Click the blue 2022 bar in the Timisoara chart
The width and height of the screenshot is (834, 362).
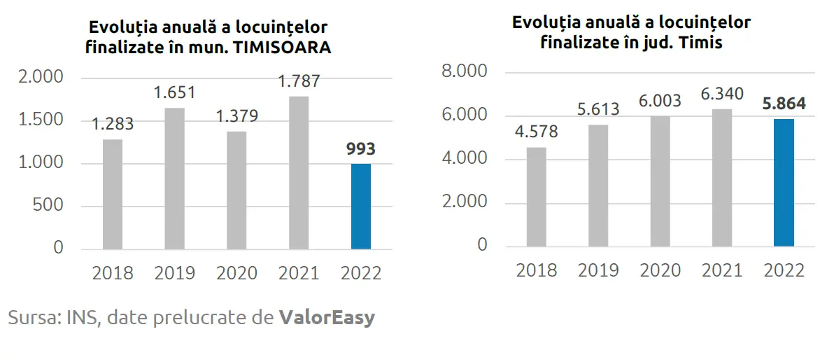pyautogui.click(x=360, y=207)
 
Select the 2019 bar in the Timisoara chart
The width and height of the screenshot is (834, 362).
pyautogui.click(x=175, y=179)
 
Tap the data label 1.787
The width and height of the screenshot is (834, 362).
pyautogui.click(x=299, y=81)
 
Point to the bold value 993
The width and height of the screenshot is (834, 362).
pyautogui.click(x=360, y=149)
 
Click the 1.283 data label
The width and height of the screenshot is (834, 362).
pyautogui.click(x=113, y=124)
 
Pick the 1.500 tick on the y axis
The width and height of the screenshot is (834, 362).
pyautogui.click(x=41, y=120)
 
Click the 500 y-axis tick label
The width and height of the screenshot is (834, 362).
pyautogui.click(x=48, y=205)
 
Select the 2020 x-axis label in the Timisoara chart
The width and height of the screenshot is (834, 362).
pyautogui.click(x=237, y=272)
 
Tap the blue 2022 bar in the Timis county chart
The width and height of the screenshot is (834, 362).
pyautogui.click(x=784, y=183)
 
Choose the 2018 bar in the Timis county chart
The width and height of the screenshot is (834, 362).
pyautogui.click(x=537, y=197)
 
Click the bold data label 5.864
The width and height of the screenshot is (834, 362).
pyautogui.click(x=783, y=104)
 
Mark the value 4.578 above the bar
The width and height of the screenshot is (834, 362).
pyautogui.click(x=537, y=132)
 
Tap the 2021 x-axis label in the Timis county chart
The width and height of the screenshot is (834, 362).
pyautogui.click(x=722, y=270)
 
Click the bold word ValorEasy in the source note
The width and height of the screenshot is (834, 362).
pyautogui.click(x=327, y=318)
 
